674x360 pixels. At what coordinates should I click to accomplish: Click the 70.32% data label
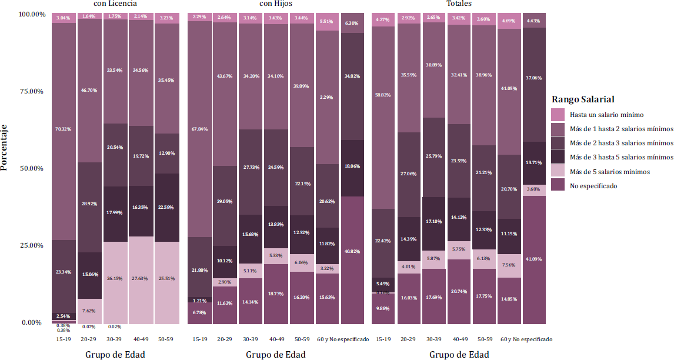64,129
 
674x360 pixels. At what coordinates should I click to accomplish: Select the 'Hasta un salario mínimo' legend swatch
558,115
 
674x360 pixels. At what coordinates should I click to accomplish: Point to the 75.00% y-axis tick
32,91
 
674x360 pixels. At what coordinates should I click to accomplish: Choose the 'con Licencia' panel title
115,4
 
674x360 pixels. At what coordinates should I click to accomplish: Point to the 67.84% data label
200,129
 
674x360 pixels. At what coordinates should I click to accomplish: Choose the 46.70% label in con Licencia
89,91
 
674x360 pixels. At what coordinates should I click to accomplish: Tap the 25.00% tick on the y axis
32,245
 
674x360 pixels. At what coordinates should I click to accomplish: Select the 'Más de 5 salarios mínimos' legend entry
609,172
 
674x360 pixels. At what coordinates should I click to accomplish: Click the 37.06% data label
534,78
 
